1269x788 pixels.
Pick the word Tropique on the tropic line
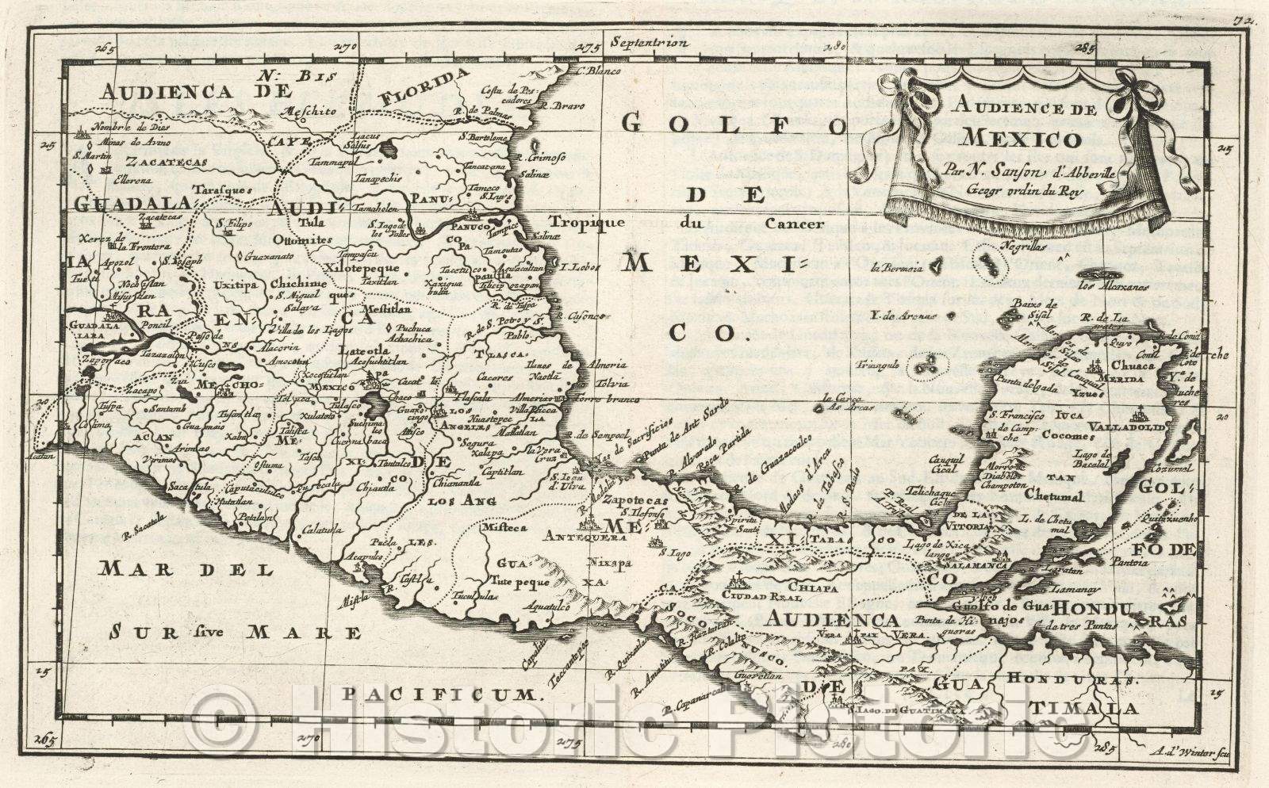(582, 223)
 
